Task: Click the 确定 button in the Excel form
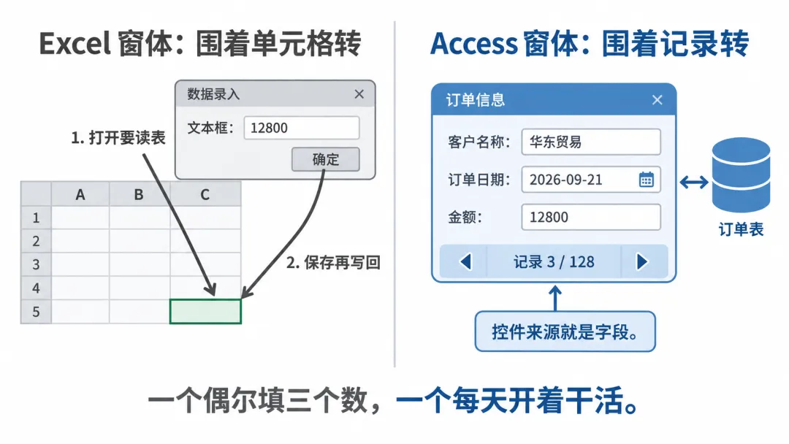pos(326,159)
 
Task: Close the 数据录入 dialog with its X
pos(359,94)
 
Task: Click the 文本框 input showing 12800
pos(302,128)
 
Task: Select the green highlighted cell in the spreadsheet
pos(205,311)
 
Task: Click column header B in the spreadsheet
pos(139,194)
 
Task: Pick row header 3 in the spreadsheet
pos(36,264)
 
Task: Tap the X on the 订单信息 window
pos(657,100)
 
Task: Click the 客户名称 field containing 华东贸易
pos(591,142)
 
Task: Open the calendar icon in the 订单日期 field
pos(646,180)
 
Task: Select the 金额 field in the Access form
pos(591,217)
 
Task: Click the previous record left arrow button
pos(465,261)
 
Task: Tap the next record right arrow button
pos(643,261)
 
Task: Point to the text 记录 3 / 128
pos(554,262)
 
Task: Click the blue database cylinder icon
pos(742,175)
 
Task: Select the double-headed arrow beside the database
pos(694,182)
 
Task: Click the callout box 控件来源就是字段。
pos(565,332)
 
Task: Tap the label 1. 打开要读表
pos(118,137)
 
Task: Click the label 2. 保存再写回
pos(333,262)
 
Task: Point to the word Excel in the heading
pos(75,44)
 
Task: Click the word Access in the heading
pos(474,43)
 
